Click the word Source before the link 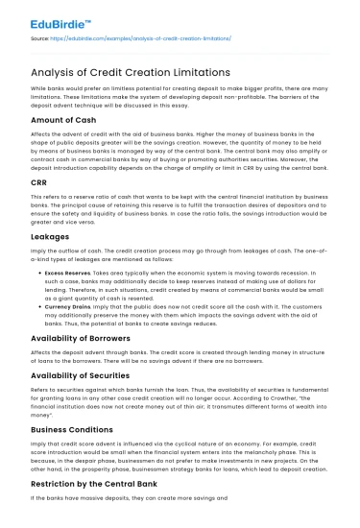[x=39, y=38]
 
